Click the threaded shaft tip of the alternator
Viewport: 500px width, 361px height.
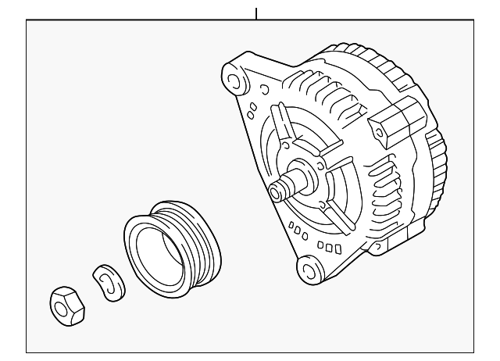click(x=275, y=189)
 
